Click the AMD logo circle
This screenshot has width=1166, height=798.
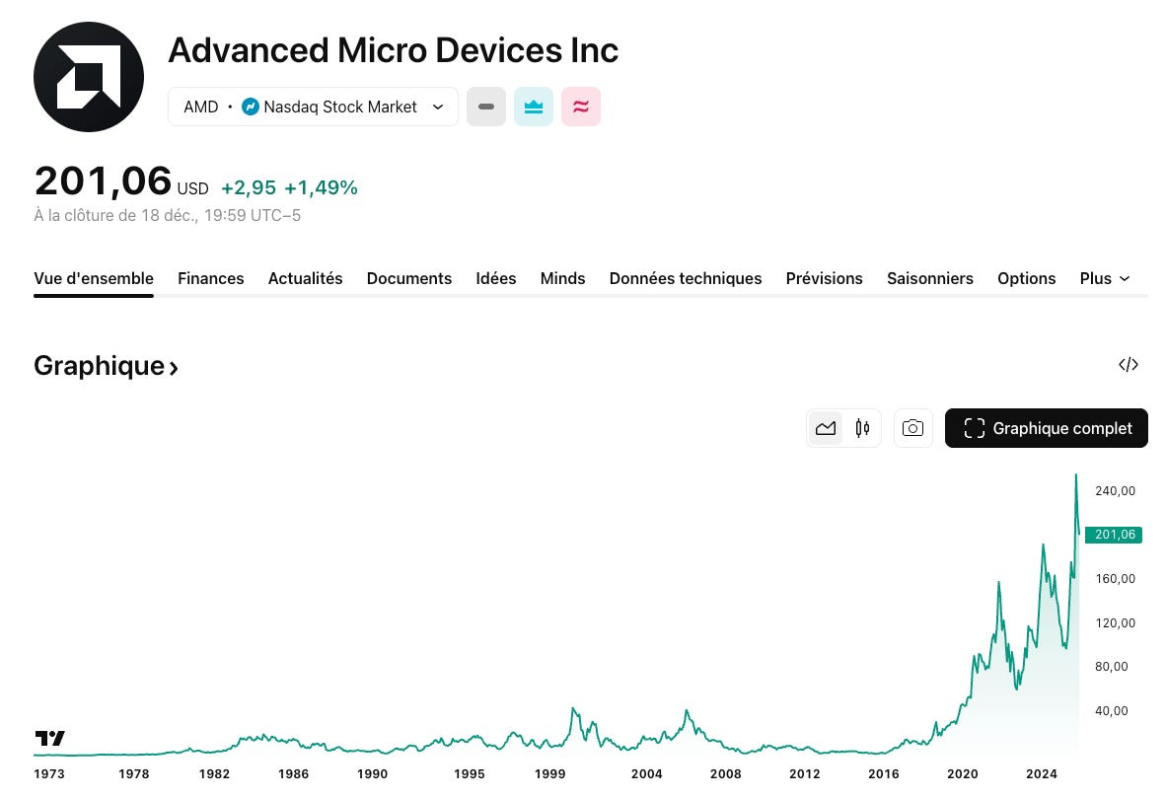89,77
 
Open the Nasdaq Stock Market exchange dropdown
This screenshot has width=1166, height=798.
313,107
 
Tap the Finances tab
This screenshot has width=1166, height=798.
211,278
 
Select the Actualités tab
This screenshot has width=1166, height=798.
305,278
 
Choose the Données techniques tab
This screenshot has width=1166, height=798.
686,278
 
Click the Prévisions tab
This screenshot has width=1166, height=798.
824,278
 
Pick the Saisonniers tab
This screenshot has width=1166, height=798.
929,278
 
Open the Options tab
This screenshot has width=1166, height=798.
1026,278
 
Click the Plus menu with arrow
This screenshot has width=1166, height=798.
1104,278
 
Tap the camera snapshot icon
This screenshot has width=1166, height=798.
913,428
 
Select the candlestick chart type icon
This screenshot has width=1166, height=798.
862,428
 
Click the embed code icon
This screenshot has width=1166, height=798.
1129,365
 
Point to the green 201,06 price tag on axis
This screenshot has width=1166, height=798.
1114,535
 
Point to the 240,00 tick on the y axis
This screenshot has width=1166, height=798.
1116,491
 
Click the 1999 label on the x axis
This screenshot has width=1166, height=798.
550,774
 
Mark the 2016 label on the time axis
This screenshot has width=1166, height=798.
884,774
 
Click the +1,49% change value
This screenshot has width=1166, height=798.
321,188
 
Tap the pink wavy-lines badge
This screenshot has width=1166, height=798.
581,107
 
